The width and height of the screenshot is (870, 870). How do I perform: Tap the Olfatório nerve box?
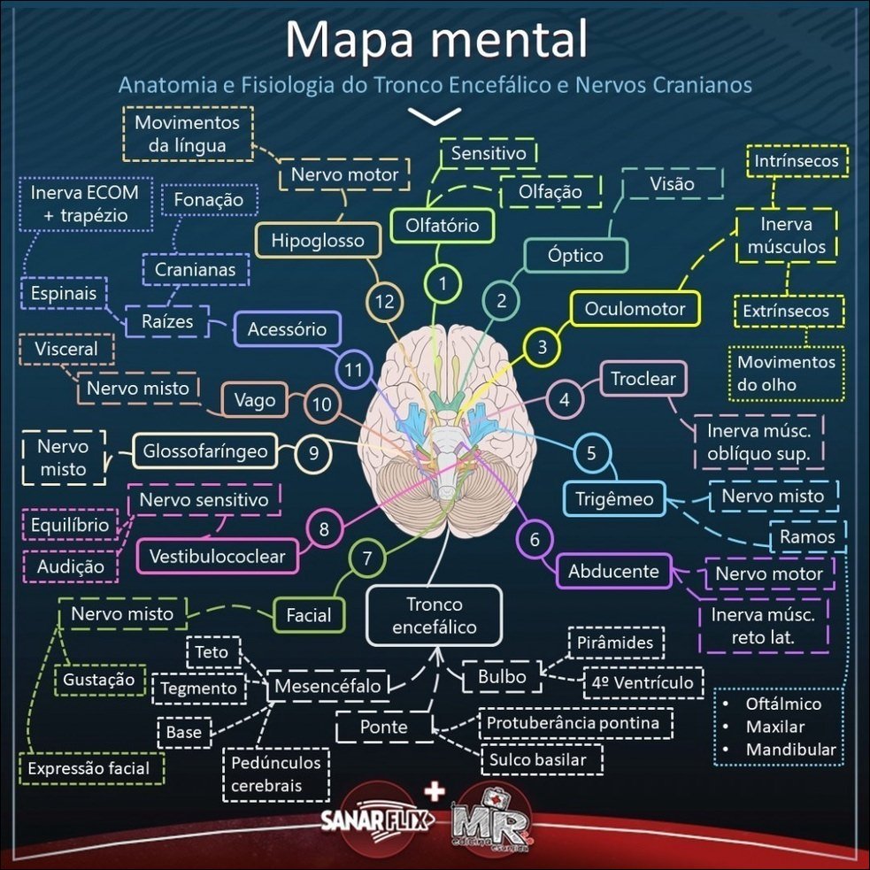442,226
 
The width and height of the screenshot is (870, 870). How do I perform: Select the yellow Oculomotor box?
635,309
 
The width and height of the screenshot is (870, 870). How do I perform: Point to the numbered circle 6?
535,538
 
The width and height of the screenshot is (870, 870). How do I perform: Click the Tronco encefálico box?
435,616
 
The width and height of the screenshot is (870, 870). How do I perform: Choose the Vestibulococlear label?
217,557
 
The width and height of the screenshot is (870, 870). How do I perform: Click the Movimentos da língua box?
187,134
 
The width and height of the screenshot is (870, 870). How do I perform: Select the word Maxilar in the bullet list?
775,728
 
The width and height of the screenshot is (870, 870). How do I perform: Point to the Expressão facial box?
89,769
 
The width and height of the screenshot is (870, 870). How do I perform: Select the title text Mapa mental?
437,40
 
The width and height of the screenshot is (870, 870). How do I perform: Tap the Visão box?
673,184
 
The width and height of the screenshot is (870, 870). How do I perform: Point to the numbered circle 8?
325,530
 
